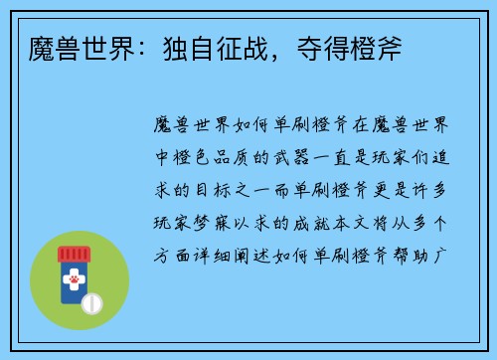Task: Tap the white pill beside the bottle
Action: click(91, 301)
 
